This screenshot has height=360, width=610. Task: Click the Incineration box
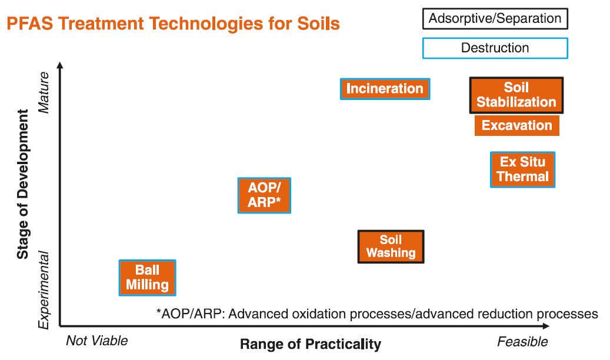(x=385, y=89)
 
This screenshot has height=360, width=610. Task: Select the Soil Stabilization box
(x=516, y=95)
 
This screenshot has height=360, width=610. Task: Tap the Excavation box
(x=516, y=125)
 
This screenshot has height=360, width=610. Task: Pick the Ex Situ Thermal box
(x=522, y=169)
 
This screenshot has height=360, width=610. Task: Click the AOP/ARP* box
(x=264, y=195)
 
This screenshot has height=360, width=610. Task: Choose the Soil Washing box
(x=391, y=246)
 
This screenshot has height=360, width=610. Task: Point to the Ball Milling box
(x=147, y=278)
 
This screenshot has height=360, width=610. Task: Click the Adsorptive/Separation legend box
(x=495, y=19)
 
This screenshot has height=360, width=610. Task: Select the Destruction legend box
(x=495, y=48)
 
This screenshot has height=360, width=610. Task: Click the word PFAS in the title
(x=30, y=24)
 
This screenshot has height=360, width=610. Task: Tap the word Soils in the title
(x=319, y=24)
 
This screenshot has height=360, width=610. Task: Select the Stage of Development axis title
(x=22, y=184)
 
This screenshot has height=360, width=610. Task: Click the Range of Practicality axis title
(x=311, y=344)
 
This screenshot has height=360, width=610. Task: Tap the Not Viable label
(x=97, y=341)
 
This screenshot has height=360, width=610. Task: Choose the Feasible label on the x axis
(x=522, y=341)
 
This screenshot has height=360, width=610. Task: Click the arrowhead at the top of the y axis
(x=60, y=65)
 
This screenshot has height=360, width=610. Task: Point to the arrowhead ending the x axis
(x=546, y=326)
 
